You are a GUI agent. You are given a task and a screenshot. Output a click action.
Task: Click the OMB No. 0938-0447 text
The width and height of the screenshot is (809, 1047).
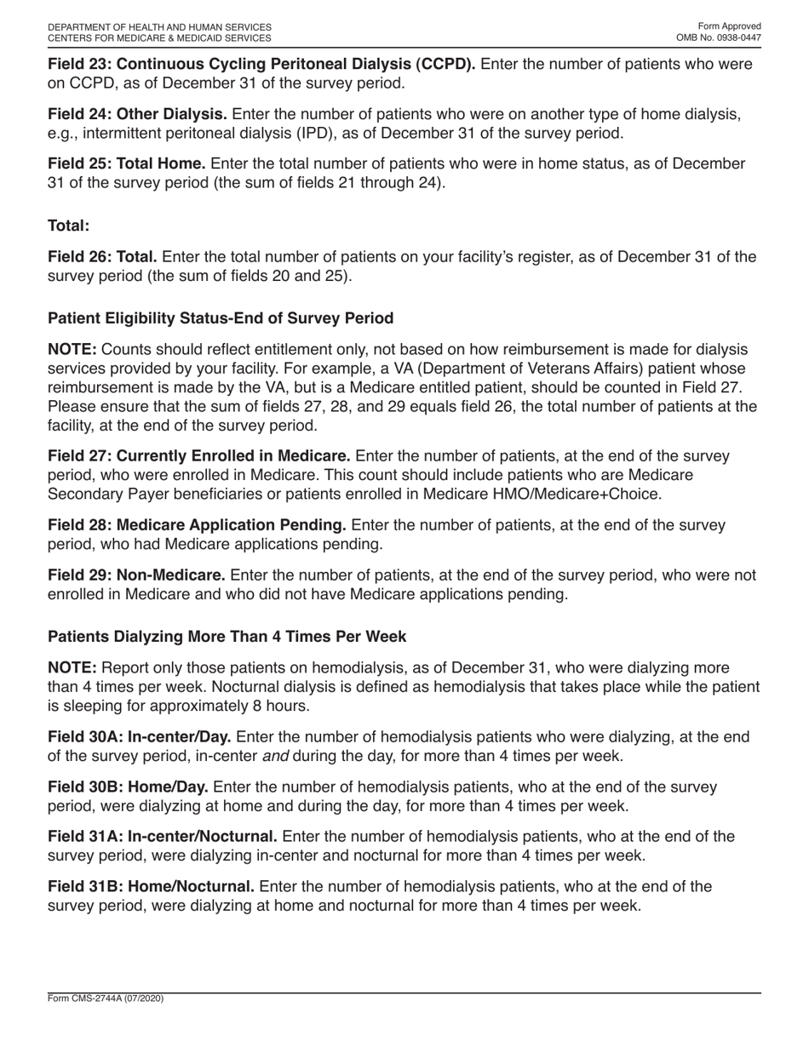(x=719, y=38)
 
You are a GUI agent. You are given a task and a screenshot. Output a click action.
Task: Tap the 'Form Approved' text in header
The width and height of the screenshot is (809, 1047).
(x=729, y=26)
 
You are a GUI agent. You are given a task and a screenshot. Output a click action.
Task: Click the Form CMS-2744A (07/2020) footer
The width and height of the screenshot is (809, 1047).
(x=106, y=998)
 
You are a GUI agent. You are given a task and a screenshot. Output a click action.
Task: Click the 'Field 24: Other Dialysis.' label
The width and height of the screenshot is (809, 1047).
(x=137, y=114)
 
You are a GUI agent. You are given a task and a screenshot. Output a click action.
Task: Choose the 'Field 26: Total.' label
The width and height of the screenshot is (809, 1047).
(x=102, y=257)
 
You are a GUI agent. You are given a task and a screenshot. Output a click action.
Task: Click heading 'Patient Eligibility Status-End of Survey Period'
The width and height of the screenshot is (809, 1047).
(x=221, y=318)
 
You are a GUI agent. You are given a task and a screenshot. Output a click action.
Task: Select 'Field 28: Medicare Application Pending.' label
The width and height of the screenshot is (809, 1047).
(x=197, y=524)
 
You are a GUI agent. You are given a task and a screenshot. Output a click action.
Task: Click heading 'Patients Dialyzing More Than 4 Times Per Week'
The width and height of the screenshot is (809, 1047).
(x=227, y=637)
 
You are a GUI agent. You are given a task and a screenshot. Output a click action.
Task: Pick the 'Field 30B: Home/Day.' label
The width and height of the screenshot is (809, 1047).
(x=128, y=787)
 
